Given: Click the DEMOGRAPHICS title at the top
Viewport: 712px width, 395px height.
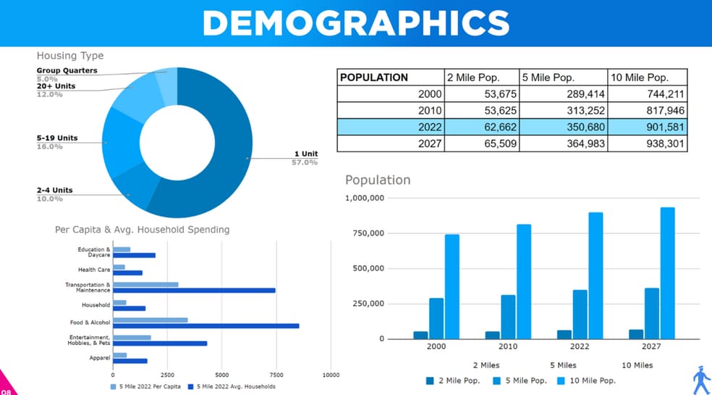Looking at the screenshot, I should (x=355, y=23).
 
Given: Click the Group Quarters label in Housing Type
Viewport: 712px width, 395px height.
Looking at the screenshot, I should (x=67, y=71).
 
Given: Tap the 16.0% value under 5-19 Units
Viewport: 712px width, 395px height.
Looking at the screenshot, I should (x=50, y=146).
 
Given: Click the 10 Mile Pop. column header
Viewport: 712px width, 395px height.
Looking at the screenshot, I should (x=640, y=78).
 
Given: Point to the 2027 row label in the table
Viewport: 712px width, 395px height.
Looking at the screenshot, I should (x=430, y=144).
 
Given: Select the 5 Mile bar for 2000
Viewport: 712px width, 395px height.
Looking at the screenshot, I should (x=436, y=318).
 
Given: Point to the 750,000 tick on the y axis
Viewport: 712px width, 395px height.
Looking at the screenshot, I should (x=366, y=233).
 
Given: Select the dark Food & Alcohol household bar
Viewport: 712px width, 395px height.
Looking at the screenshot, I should (x=205, y=326).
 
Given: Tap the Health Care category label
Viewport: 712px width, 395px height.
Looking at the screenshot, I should (x=94, y=270).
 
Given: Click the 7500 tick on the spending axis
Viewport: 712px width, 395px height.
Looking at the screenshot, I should (x=276, y=375).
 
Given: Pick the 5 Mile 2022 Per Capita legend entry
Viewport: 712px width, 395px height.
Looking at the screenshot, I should (x=145, y=386).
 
